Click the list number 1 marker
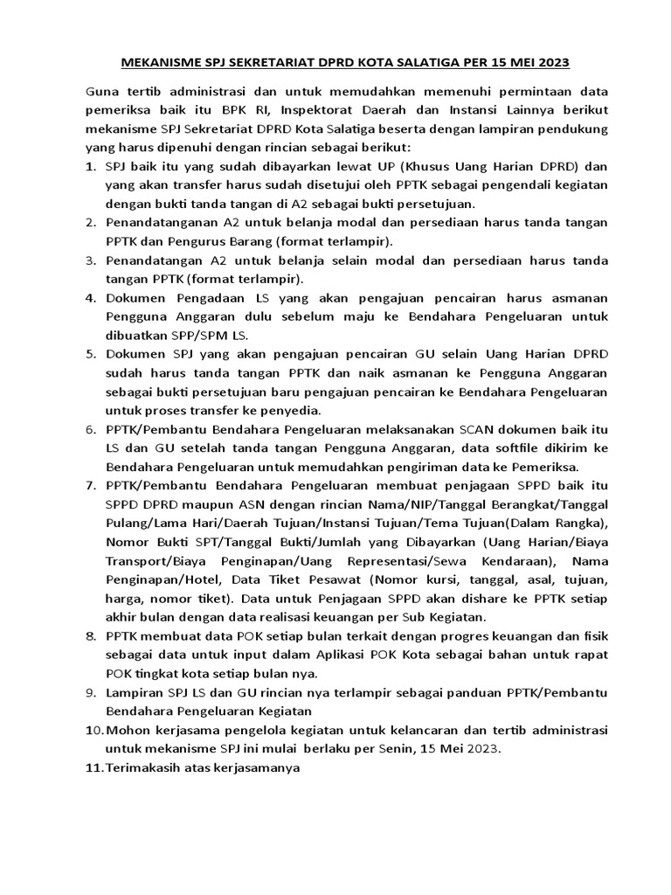pos(91,166)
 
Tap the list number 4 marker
pos(91,299)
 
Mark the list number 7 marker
pos(91,487)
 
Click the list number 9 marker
pos(91,693)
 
